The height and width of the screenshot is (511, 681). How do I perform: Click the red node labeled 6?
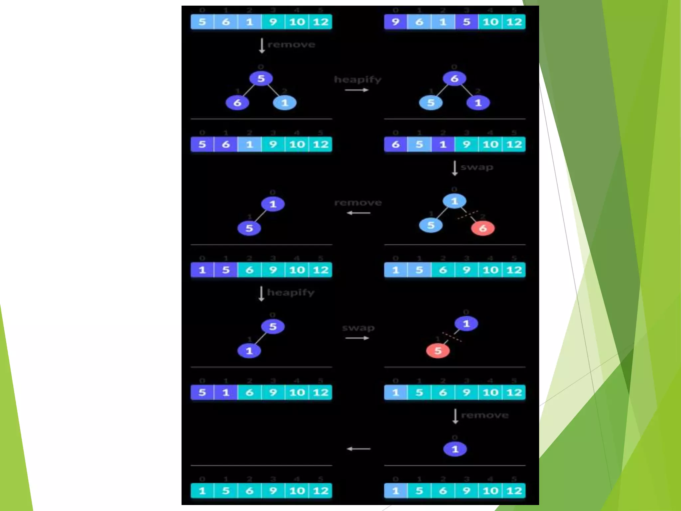(482, 228)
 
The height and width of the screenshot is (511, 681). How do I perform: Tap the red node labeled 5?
(438, 351)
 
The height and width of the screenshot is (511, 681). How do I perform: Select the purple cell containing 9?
(395, 22)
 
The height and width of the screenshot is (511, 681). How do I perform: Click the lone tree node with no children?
(455, 449)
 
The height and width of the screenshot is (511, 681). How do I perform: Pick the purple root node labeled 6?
(454, 79)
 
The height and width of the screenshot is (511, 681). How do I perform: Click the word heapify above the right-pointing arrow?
(358, 80)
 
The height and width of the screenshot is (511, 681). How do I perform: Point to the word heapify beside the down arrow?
(291, 292)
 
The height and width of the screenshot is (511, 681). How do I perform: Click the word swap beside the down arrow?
(477, 167)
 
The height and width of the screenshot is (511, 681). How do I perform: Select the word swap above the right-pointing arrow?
(358, 328)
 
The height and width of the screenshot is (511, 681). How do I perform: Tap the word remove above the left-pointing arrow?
(358, 203)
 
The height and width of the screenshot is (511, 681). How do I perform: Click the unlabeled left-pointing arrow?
(358, 449)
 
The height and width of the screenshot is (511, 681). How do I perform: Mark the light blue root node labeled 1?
(454, 201)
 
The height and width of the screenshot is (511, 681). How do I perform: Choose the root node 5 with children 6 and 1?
(261, 79)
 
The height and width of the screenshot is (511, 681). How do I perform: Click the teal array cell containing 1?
(202, 491)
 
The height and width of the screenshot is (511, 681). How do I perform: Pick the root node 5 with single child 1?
(273, 327)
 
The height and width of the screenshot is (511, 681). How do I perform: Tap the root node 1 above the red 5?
(466, 323)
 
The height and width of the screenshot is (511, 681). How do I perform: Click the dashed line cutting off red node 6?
(468, 215)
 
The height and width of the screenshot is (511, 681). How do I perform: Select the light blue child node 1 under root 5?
(285, 103)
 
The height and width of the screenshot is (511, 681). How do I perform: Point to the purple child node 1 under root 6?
(478, 103)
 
